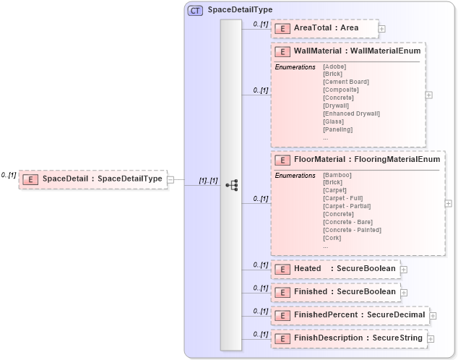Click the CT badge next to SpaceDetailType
point(195,10)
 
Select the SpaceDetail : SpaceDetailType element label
point(102,179)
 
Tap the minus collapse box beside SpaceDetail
point(170,179)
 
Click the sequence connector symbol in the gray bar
point(231,184)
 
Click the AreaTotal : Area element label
point(326,28)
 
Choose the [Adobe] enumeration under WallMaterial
point(334,67)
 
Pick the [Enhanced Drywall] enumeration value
point(351,113)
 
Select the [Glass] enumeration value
point(333,121)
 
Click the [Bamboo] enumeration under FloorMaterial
point(337,175)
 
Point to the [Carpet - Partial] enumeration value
point(350,206)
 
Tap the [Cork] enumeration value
point(332,238)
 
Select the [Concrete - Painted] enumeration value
point(352,230)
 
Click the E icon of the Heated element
point(283,269)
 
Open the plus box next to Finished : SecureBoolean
point(404,292)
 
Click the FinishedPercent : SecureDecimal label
point(359,314)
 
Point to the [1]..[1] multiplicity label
point(208,181)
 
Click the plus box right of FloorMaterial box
point(449,204)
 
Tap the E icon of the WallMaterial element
point(283,51)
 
